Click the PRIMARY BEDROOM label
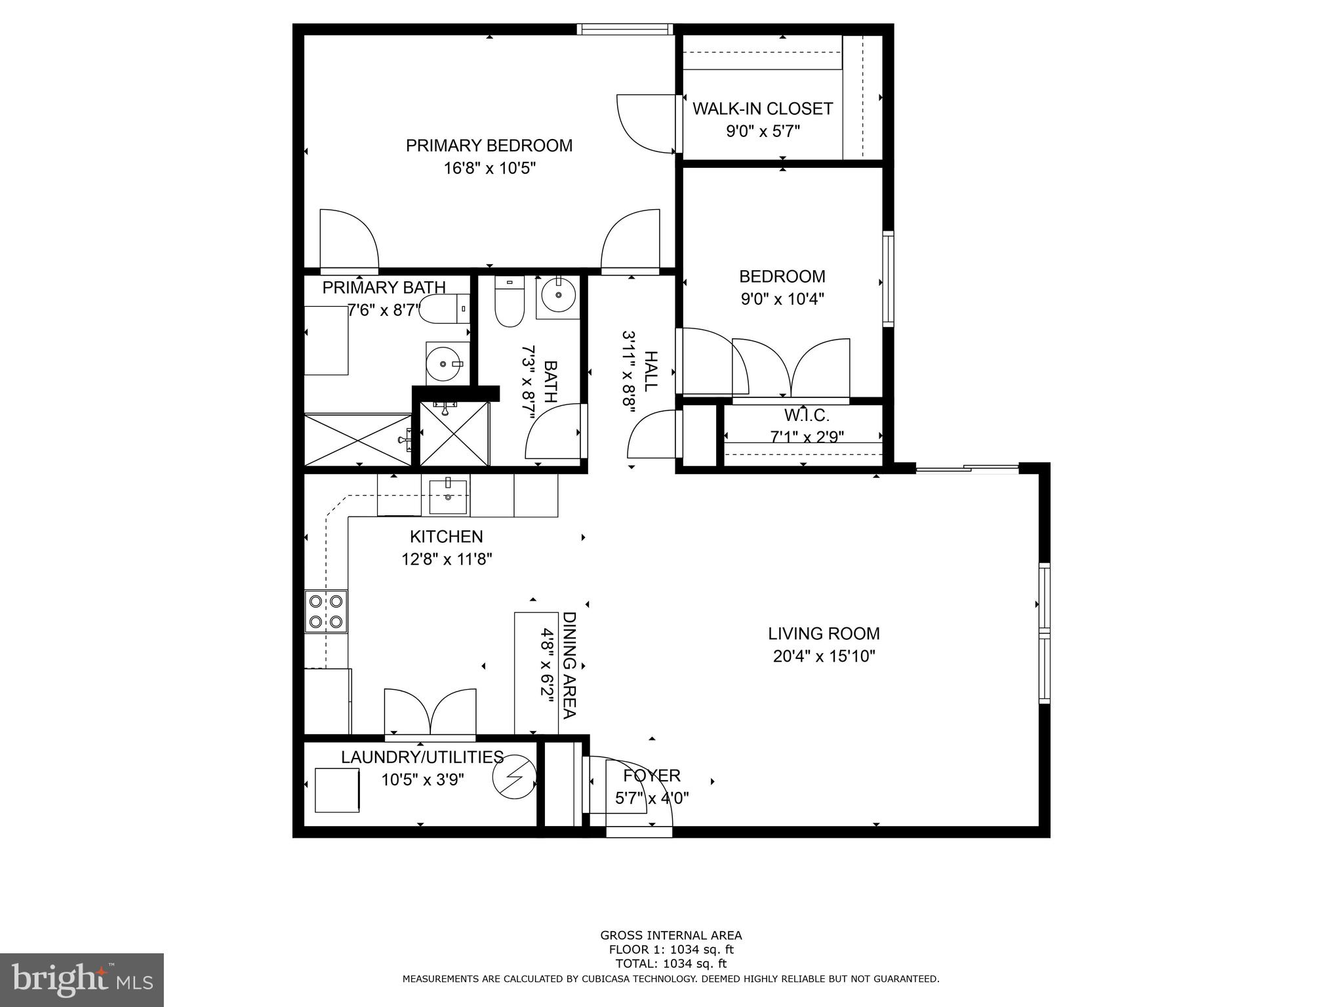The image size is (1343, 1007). pos(489,146)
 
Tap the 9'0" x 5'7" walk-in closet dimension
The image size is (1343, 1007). pos(763,132)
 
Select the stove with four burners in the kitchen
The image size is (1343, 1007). pos(326,611)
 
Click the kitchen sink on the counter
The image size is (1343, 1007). pos(449,497)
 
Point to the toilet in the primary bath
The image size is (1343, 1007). pos(444,309)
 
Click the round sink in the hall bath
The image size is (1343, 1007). pos(558,296)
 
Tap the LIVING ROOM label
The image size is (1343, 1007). pos(824,633)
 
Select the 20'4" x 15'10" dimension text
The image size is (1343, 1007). pos(824,656)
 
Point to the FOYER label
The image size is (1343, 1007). pos(652,776)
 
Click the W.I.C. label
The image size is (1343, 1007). pos(807,415)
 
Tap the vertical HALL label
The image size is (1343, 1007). pos(650,371)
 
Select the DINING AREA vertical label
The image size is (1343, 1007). pos(569,665)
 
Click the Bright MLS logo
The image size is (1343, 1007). pos(81,980)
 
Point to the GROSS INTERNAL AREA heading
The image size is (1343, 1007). pos(671,935)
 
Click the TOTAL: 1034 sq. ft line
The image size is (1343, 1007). pos(671,964)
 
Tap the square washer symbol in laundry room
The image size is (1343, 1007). pos(337,790)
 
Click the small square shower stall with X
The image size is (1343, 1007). pos(454,433)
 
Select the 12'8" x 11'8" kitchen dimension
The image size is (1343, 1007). pos(447,559)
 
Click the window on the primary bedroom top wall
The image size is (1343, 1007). pos(625,29)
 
